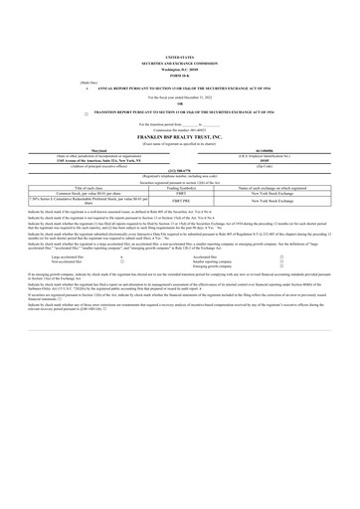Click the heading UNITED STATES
pos(180,59)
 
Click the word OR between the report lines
pos(180,105)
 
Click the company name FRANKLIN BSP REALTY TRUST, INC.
pos(180,138)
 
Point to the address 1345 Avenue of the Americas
pos(104,163)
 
